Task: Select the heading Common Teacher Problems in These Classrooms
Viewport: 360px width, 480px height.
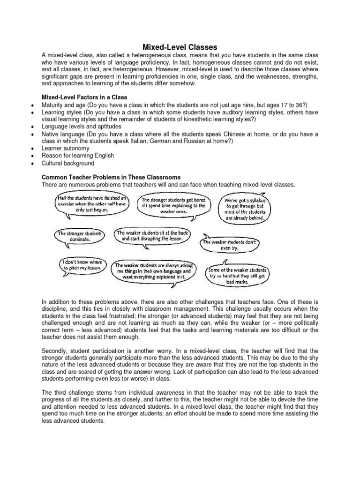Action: pos(111,178)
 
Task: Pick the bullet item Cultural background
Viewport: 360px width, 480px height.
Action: pos(68,163)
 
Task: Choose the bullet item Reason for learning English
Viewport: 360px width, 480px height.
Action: pos(78,156)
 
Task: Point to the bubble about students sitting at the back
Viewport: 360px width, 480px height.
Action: pos(154,235)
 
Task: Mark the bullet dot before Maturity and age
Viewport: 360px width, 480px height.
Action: pos(30,105)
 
